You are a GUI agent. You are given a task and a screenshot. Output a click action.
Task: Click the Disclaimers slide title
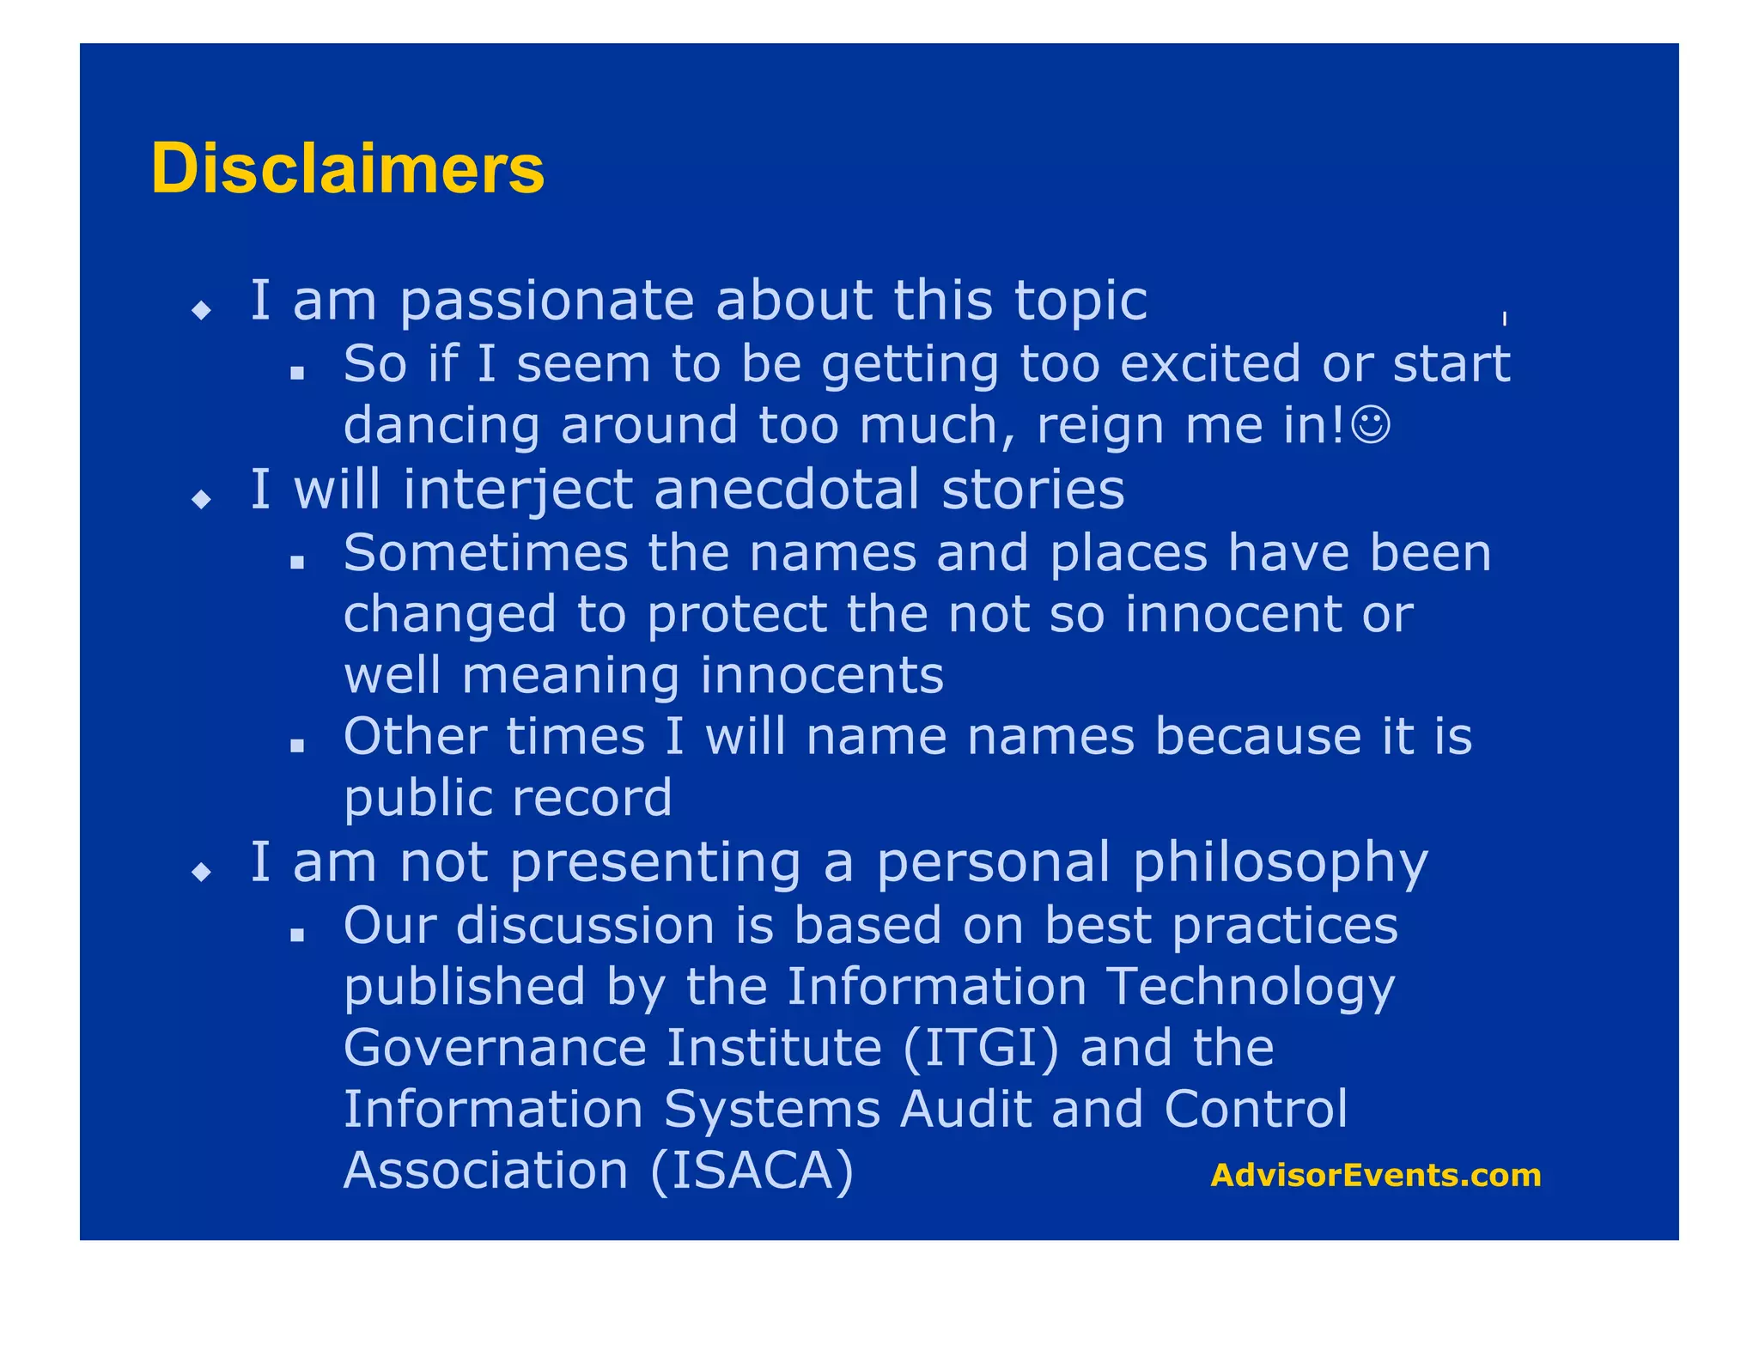click(x=348, y=168)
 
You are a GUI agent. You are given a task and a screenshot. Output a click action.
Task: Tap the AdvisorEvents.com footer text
click(x=1375, y=1175)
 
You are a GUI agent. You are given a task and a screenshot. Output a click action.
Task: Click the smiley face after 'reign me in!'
click(x=1371, y=425)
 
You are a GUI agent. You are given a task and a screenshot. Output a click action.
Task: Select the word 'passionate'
click(x=547, y=302)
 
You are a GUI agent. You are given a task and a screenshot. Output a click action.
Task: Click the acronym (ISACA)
click(x=752, y=1171)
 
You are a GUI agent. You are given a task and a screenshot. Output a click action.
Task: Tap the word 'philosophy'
click(x=1281, y=864)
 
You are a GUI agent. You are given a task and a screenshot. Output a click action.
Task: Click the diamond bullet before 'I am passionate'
click(x=202, y=309)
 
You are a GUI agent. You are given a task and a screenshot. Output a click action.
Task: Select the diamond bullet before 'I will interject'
click(x=202, y=499)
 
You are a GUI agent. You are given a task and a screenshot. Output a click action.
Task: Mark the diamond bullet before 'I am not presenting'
click(x=202, y=873)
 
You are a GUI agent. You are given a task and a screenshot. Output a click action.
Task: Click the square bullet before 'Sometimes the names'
click(x=297, y=563)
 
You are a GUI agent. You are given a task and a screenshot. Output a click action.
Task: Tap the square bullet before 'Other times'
click(x=297, y=746)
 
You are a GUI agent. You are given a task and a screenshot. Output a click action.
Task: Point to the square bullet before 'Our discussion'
click(x=297, y=935)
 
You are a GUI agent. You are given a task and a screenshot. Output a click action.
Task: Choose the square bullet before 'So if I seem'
click(x=297, y=374)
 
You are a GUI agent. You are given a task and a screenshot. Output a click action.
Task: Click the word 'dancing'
click(x=441, y=427)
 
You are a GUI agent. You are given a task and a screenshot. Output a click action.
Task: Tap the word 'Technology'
click(x=1250, y=988)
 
